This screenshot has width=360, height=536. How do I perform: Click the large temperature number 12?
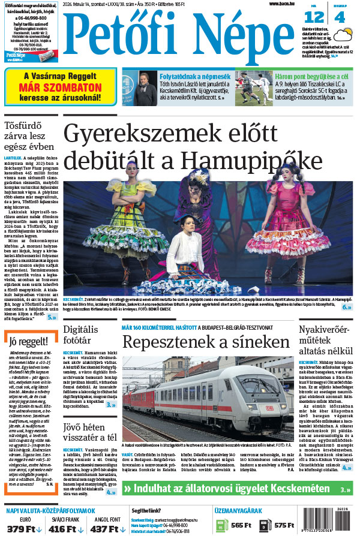(x=318, y=17)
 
